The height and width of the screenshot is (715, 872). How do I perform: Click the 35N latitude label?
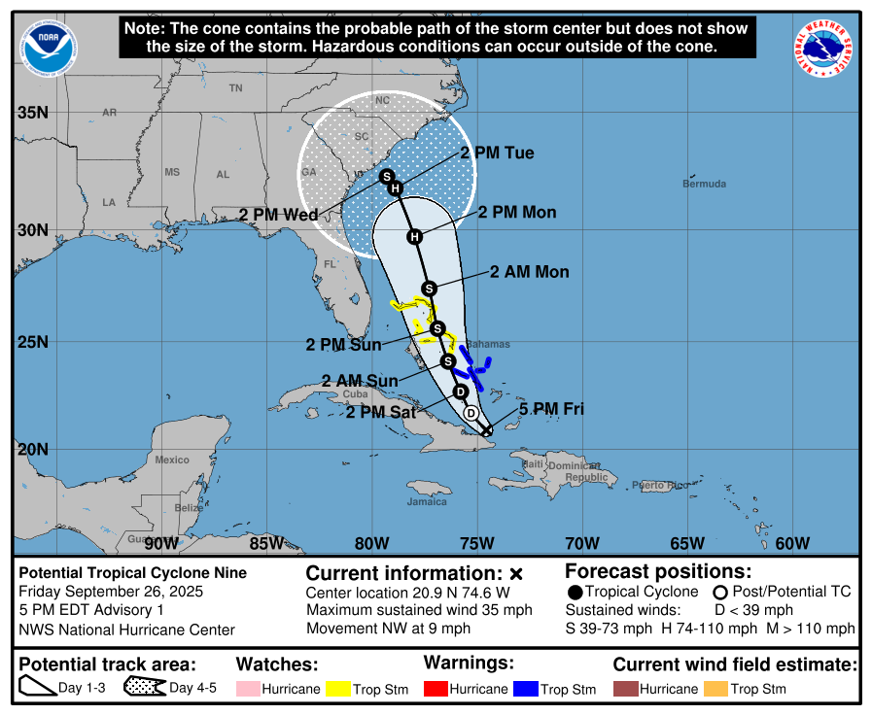pyautogui.click(x=33, y=113)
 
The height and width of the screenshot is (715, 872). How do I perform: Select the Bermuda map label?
pyautogui.click(x=704, y=184)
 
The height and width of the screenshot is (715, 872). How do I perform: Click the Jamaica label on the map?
pyautogui.click(x=427, y=501)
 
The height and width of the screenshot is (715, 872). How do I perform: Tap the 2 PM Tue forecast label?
pyautogui.click(x=497, y=153)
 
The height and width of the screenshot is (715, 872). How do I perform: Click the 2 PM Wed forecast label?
pyautogui.click(x=279, y=215)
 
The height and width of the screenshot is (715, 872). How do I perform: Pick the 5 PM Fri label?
pyautogui.click(x=551, y=409)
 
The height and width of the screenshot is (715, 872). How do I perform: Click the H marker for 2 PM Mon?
pyautogui.click(x=415, y=236)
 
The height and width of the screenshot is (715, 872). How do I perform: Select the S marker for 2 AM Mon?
pyautogui.click(x=429, y=288)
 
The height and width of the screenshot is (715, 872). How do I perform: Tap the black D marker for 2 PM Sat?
pyautogui.click(x=461, y=392)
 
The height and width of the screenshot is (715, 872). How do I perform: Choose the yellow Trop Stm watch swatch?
pyautogui.click(x=337, y=689)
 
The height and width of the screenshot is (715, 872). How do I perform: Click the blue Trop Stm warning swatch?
pyautogui.click(x=525, y=689)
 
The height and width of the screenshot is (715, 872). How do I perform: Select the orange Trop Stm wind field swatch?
pyautogui.click(x=715, y=689)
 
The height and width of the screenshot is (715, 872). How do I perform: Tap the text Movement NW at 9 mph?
pyautogui.click(x=388, y=629)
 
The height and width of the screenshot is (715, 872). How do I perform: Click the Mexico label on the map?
pyautogui.click(x=172, y=460)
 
